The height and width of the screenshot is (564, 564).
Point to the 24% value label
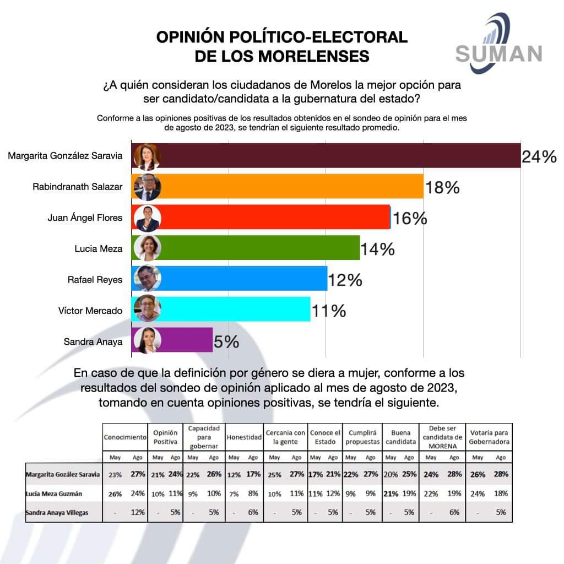point(539,158)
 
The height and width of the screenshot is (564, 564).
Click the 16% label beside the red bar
point(410,219)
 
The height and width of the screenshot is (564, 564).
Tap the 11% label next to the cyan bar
point(328,311)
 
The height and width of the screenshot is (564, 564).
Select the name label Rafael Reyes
point(95,280)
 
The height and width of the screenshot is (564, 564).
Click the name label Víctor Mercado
point(90,311)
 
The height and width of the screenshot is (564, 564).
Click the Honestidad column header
point(243,437)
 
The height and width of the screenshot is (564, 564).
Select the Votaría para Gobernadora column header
point(489,437)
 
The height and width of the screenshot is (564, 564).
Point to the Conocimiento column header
point(125,437)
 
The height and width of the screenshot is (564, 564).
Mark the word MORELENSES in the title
point(282,56)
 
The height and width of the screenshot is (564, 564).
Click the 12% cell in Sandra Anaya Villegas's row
point(138,512)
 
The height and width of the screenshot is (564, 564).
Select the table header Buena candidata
point(400,437)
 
